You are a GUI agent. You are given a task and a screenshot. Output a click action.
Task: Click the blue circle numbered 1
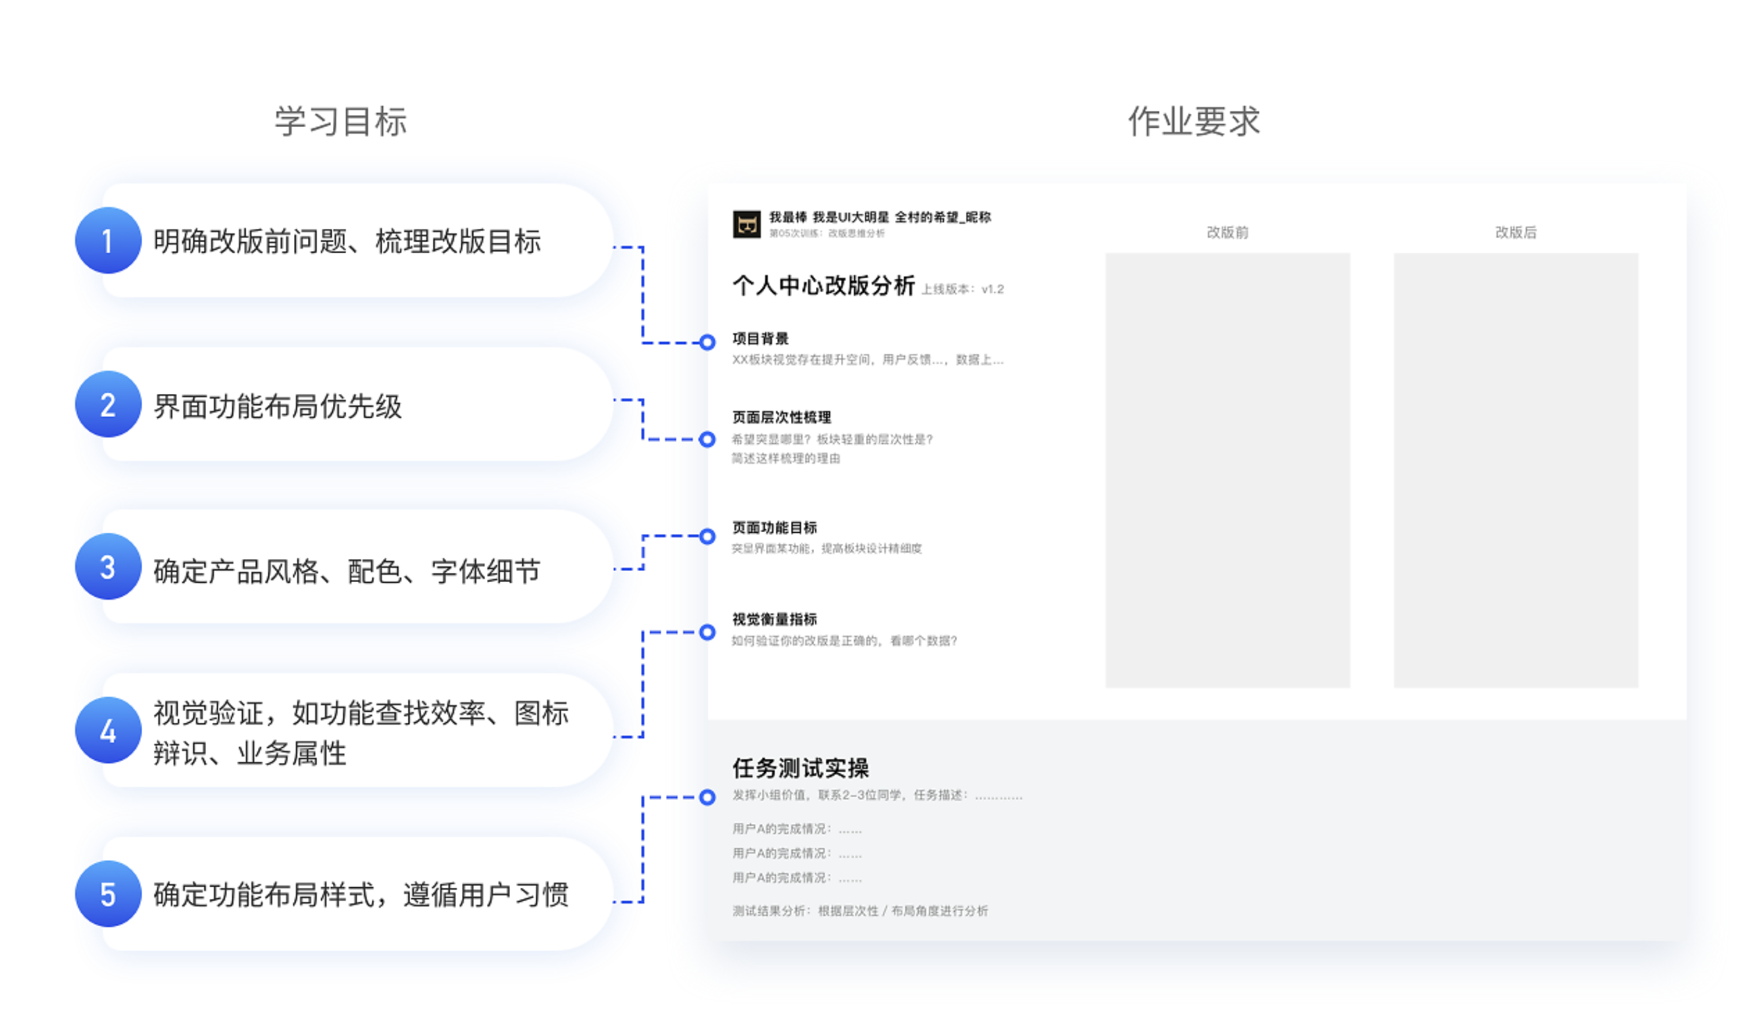(108, 241)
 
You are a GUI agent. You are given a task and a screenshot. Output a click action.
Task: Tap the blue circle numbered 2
(108, 404)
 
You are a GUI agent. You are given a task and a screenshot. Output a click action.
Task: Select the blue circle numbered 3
(108, 567)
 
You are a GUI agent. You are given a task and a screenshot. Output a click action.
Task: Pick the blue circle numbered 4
(108, 731)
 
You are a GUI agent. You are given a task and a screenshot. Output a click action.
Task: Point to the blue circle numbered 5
(108, 894)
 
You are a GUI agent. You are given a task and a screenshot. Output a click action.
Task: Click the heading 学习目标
(340, 122)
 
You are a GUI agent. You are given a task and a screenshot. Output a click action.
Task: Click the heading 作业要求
(1194, 122)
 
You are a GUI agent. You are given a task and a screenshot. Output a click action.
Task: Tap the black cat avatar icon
(746, 224)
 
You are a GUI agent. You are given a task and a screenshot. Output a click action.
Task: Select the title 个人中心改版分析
(823, 286)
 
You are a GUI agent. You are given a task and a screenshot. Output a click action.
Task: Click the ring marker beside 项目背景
(707, 342)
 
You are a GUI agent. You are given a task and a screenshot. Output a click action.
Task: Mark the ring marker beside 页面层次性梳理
(707, 439)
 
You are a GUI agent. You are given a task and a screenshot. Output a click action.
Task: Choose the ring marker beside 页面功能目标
(707, 536)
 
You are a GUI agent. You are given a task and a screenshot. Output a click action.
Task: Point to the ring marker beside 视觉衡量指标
(707, 632)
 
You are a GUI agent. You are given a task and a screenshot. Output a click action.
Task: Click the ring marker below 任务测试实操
(707, 796)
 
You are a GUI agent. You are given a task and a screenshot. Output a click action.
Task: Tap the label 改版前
(1227, 232)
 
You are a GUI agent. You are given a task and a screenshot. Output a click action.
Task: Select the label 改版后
(1515, 232)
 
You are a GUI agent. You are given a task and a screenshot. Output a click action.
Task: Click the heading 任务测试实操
(800, 768)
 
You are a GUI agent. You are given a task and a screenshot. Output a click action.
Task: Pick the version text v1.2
(992, 289)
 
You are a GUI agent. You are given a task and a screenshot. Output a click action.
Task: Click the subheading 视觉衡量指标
(774, 619)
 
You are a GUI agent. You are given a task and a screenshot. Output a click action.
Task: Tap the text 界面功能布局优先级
(278, 406)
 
